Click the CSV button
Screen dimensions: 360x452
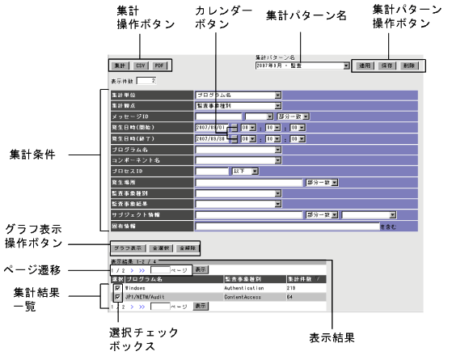point(141,65)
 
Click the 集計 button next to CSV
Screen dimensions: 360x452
point(118,65)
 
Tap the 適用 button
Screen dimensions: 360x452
point(365,65)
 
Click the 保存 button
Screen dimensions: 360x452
point(387,65)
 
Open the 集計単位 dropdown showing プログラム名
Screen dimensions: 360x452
point(239,95)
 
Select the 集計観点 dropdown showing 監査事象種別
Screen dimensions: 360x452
point(239,105)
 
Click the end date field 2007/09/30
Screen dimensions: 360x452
point(211,138)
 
